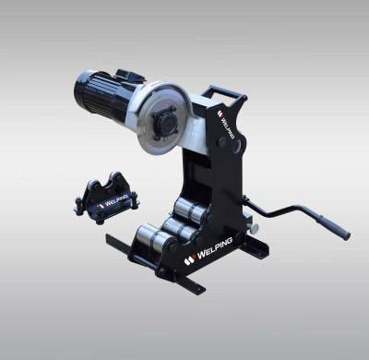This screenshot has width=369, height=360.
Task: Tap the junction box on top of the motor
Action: coord(126,75)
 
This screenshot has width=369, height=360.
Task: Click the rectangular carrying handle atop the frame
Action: coord(224,95)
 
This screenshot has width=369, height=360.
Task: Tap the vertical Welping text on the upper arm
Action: coord(227,125)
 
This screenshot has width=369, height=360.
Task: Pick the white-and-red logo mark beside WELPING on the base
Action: coord(189,260)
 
